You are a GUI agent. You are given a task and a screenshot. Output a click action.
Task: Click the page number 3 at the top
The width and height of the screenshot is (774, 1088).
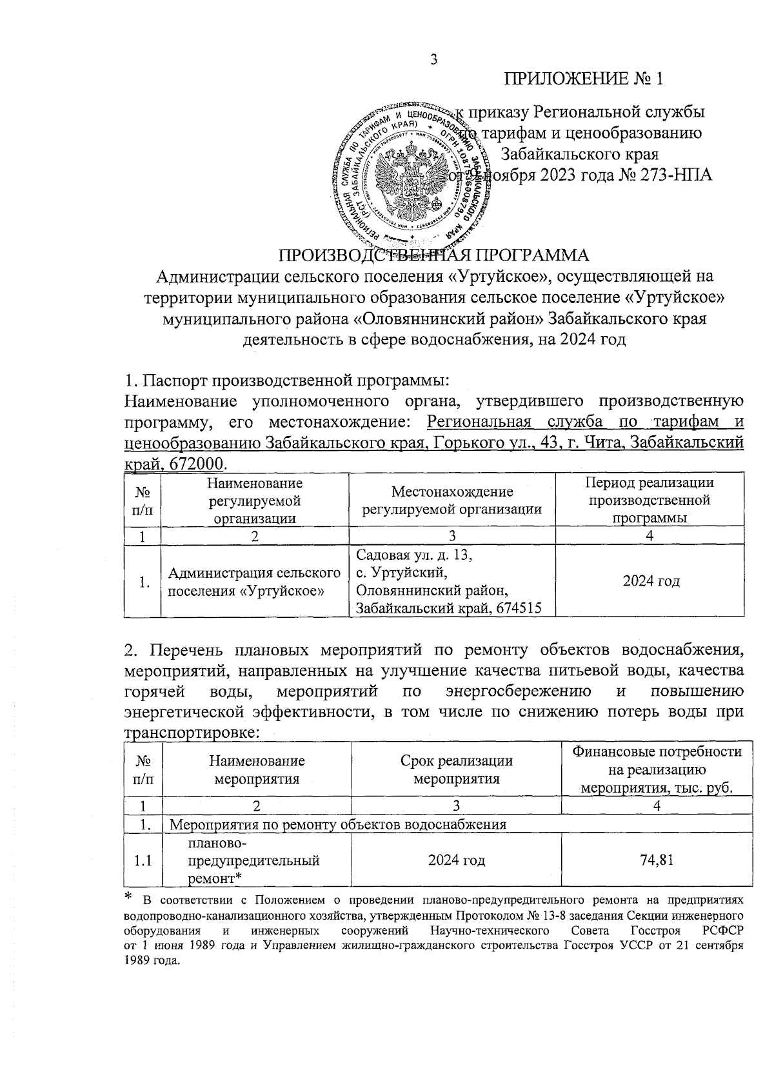[x=433, y=60]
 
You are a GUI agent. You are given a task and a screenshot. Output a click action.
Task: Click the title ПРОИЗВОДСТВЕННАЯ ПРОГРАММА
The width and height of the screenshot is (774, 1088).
[x=433, y=255]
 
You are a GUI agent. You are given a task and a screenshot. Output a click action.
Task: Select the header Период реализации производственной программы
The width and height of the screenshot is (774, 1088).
[x=649, y=500]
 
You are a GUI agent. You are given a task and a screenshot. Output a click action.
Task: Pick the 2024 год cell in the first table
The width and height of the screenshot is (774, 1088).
[x=651, y=581]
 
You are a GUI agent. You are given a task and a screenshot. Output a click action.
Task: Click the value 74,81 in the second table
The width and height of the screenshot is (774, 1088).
[x=657, y=859]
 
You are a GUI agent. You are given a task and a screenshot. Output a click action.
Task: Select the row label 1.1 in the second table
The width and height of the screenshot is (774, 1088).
[x=143, y=860]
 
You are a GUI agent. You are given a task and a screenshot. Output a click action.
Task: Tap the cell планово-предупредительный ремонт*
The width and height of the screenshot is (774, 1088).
[x=253, y=860]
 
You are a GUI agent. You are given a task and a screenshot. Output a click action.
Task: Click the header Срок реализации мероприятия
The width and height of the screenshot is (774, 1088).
[x=456, y=769]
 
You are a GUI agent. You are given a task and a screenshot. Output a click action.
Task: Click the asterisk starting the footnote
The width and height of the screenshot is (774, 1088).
[x=128, y=897]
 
